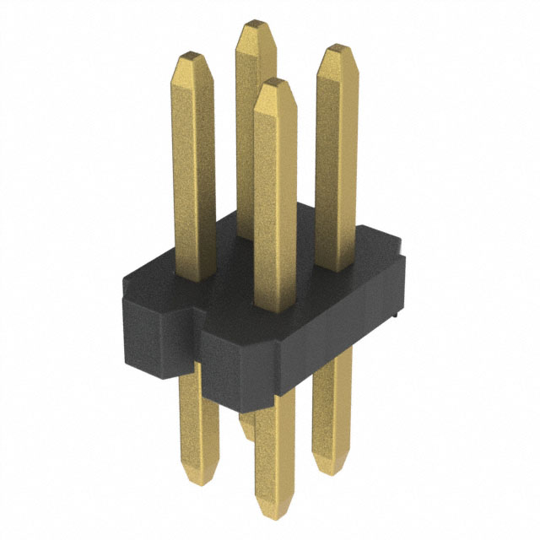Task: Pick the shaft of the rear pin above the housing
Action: [x=253, y=127]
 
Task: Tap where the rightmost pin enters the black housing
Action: [x=335, y=268]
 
